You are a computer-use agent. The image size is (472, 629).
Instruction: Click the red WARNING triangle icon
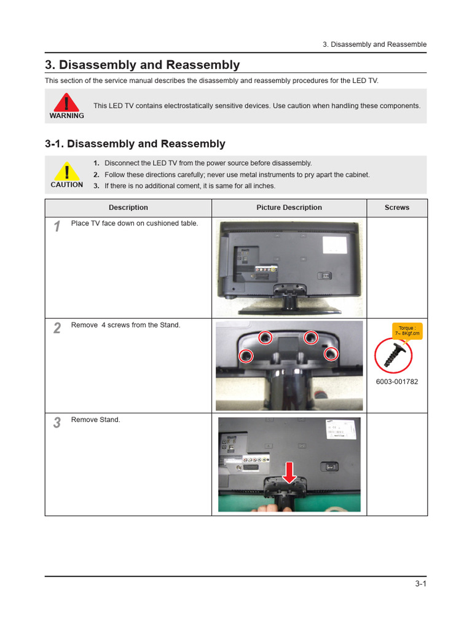coord(66,102)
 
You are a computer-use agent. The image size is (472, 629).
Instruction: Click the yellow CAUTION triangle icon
coord(66,171)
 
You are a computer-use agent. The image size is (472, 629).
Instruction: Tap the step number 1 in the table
coord(57,227)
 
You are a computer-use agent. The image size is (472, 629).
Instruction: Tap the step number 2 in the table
coord(57,328)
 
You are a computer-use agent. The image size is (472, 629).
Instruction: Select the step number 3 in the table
coord(57,423)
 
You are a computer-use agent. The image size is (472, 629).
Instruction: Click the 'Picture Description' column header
coord(289,208)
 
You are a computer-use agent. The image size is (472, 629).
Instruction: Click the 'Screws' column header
coord(396,208)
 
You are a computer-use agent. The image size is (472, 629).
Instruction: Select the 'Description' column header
coord(128,208)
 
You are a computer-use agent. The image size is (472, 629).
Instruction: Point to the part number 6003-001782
coord(396,381)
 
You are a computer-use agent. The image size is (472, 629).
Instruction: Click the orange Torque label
coord(407,331)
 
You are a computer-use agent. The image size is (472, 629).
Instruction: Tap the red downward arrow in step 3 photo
coord(289,472)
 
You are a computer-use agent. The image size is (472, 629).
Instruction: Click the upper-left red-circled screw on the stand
coord(265,337)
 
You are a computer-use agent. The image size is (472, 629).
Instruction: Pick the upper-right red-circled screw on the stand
coord(311,337)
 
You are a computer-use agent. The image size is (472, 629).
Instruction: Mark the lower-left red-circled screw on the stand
coord(246,355)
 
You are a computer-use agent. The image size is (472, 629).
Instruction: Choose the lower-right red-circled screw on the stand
coord(331,353)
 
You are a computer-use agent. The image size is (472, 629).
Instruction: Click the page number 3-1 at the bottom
coord(420,584)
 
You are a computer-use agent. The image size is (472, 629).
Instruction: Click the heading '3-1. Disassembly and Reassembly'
coord(135,144)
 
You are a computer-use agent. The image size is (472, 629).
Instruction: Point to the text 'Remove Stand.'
coord(96,420)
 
